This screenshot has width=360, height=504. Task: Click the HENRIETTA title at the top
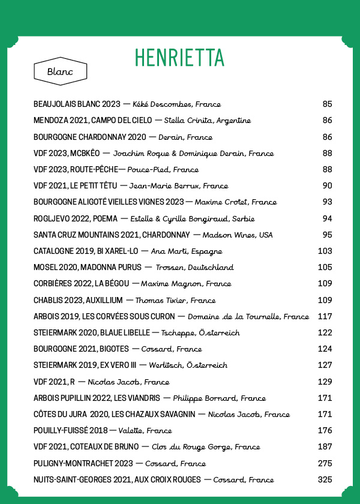179,58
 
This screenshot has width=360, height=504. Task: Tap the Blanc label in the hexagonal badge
60,71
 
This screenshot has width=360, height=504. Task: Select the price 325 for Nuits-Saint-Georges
325,479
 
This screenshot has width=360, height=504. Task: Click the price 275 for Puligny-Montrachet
325,463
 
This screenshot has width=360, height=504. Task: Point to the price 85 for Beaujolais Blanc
327,104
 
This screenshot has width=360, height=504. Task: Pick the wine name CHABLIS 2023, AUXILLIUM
78,300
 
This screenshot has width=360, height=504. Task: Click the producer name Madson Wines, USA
238,235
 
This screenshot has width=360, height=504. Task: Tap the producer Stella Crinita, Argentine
207,121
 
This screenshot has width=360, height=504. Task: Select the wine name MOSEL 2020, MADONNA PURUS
88,267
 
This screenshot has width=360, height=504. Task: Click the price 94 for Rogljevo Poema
327,218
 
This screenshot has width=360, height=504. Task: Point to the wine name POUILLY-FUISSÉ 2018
71,430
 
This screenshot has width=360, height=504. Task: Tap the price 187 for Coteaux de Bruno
325,447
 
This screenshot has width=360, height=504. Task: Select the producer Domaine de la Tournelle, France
248,316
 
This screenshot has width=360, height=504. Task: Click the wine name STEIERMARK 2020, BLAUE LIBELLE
92,332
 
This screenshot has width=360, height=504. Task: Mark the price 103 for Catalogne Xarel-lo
325,251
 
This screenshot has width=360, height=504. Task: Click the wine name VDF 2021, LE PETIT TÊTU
74,186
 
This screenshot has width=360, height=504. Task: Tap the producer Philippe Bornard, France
219,398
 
